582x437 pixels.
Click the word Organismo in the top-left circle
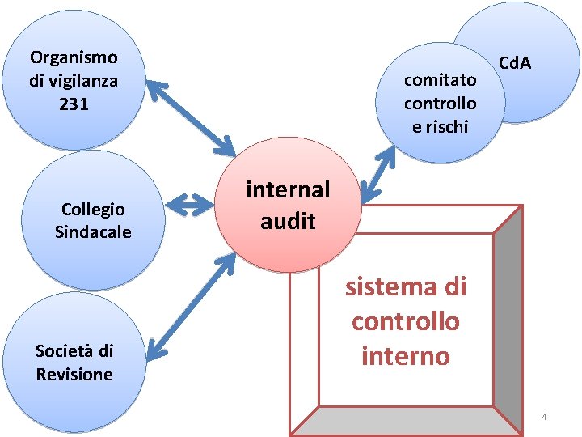pyautogui.click(x=74, y=57)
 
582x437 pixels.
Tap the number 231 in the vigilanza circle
pyautogui.click(x=74, y=104)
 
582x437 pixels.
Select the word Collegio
pyautogui.click(x=93, y=210)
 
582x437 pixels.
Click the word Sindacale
pyautogui.click(x=93, y=232)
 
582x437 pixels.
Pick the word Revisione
pyautogui.click(x=74, y=374)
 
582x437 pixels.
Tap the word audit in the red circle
pyautogui.click(x=288, y=220)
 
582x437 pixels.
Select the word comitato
pyautogui.click(x=440, y=79)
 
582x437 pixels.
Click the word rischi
pyautogui.click(x=440, y=126)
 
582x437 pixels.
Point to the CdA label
pyautogui.click(x=515, y=62)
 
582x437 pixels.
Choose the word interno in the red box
pyautogui.click(x=406, y=356)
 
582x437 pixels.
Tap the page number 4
pyautogui.click(x=544, y=417)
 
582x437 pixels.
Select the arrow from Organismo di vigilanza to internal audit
pyautogui.click(x=191, y=118)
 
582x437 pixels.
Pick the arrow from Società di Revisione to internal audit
pyautogui.click(x=191, y=307)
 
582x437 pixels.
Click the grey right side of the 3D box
pyautogui.click(x=507, y=316)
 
